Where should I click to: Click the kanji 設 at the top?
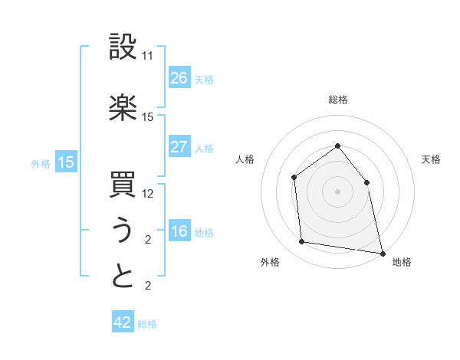[123, 47]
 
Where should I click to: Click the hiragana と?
[123, 277]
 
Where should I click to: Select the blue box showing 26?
[179, 77]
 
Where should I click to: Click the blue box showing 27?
[179, 147]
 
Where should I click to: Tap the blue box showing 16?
[179, 232]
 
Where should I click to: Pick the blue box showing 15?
[66, 162]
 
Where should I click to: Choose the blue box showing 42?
[123, 322]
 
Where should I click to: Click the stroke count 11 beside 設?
[148, 57]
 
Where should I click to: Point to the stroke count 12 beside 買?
[148, 194]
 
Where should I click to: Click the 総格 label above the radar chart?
[338, 100]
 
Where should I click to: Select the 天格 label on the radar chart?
[431, 159]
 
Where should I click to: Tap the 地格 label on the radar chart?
[402, 262]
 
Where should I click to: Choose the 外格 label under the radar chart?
[270, 262]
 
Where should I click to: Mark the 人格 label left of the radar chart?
[245, 159]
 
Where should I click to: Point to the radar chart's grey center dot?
[337, 191]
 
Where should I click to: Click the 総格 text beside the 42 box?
[147, 324]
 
